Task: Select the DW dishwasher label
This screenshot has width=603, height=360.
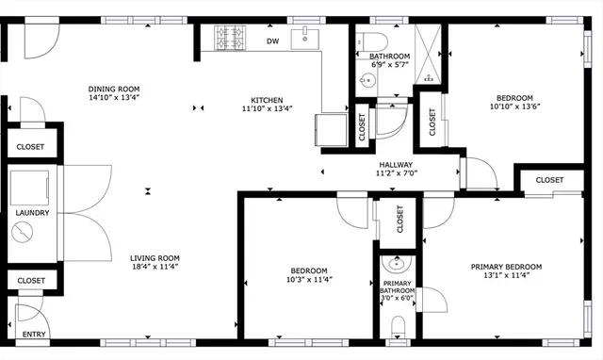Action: point(272,41)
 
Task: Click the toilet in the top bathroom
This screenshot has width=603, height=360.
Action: point(374,41)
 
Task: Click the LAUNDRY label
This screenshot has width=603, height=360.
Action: point(32,213)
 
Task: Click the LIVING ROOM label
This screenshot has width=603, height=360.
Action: point(155,258)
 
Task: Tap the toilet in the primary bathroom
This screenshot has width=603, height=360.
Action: point(398,326)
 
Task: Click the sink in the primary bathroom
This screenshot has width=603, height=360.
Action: point(397,263)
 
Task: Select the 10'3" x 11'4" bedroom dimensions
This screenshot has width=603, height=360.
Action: point(309,279)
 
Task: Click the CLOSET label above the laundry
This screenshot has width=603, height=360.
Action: point(32,147)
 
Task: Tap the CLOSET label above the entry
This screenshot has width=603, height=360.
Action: point(32,281)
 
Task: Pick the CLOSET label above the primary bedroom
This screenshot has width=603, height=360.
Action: point(549,180)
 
